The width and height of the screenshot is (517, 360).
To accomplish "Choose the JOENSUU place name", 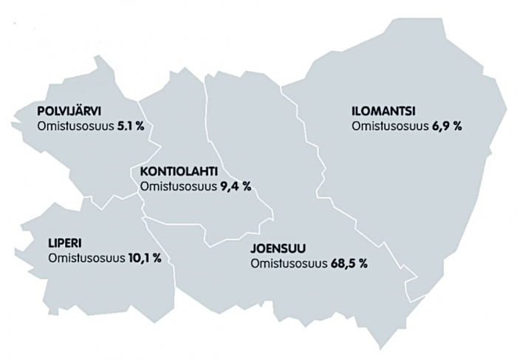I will (278, 248).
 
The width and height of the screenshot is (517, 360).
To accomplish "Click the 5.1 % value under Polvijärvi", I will (130, 126).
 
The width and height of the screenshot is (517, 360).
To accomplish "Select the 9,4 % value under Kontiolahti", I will (236, 187).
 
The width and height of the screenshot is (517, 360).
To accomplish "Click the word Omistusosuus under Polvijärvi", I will (75, 126).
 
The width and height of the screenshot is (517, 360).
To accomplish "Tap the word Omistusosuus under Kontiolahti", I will (177, 187).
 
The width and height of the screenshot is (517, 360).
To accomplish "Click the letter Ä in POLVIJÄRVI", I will (89, 112).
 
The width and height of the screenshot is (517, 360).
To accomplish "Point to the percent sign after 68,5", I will (363, 264).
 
